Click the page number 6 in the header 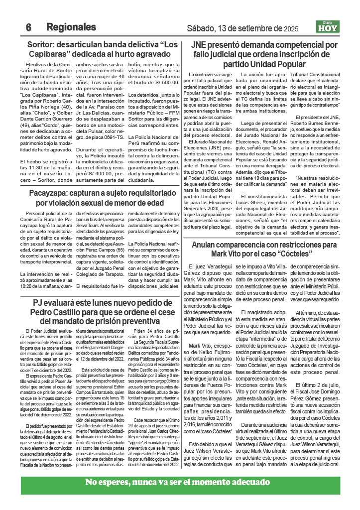click(x=28, y=27)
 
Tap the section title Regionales click(x=71, y=27)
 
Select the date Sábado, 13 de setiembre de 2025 click(x=242, y=28)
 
